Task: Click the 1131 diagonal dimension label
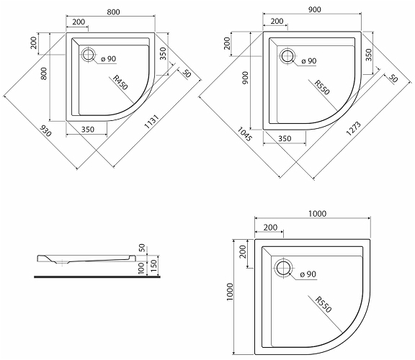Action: pyautogui.click(x=151, y=122)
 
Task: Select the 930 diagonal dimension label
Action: pyautogui.click(x=45, y=130)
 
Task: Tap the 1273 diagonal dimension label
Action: pyautogui.click(x=354, y=129)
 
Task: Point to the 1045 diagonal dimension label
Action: pyautogui.click(x=244, y=134)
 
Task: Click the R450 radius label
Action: pyautogui.click(x=120, y=82)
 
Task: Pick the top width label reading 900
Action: pyautogui.click(x=315, y=9)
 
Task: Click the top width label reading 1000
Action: pyautogui.click(x=317, y=213)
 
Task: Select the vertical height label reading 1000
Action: pyautogui.click(x=230, y=292)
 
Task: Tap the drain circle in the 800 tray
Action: pyautogui.click(x=88, y=55)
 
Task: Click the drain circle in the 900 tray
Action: pyautogui.click(x=287, y=56)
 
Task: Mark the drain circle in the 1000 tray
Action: pyautogui.click(x=283, y=268)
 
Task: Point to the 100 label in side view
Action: pyautogui.click(x=142, y=269)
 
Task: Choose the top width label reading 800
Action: pyautogui.click(x=114, y=12)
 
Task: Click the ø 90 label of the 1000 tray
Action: pyautogui.click(x=308, y=274)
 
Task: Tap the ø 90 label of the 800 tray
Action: pyautogui.click(x=109, y=59)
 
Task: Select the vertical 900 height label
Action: pyautogui.click(x=246, y=78)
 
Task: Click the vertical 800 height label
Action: pyautogui.click(x=44, y=73)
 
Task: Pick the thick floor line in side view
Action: pyautogui.click(x=97, y=277)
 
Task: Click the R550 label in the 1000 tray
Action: pyautogui.click(x=323, y=305)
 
